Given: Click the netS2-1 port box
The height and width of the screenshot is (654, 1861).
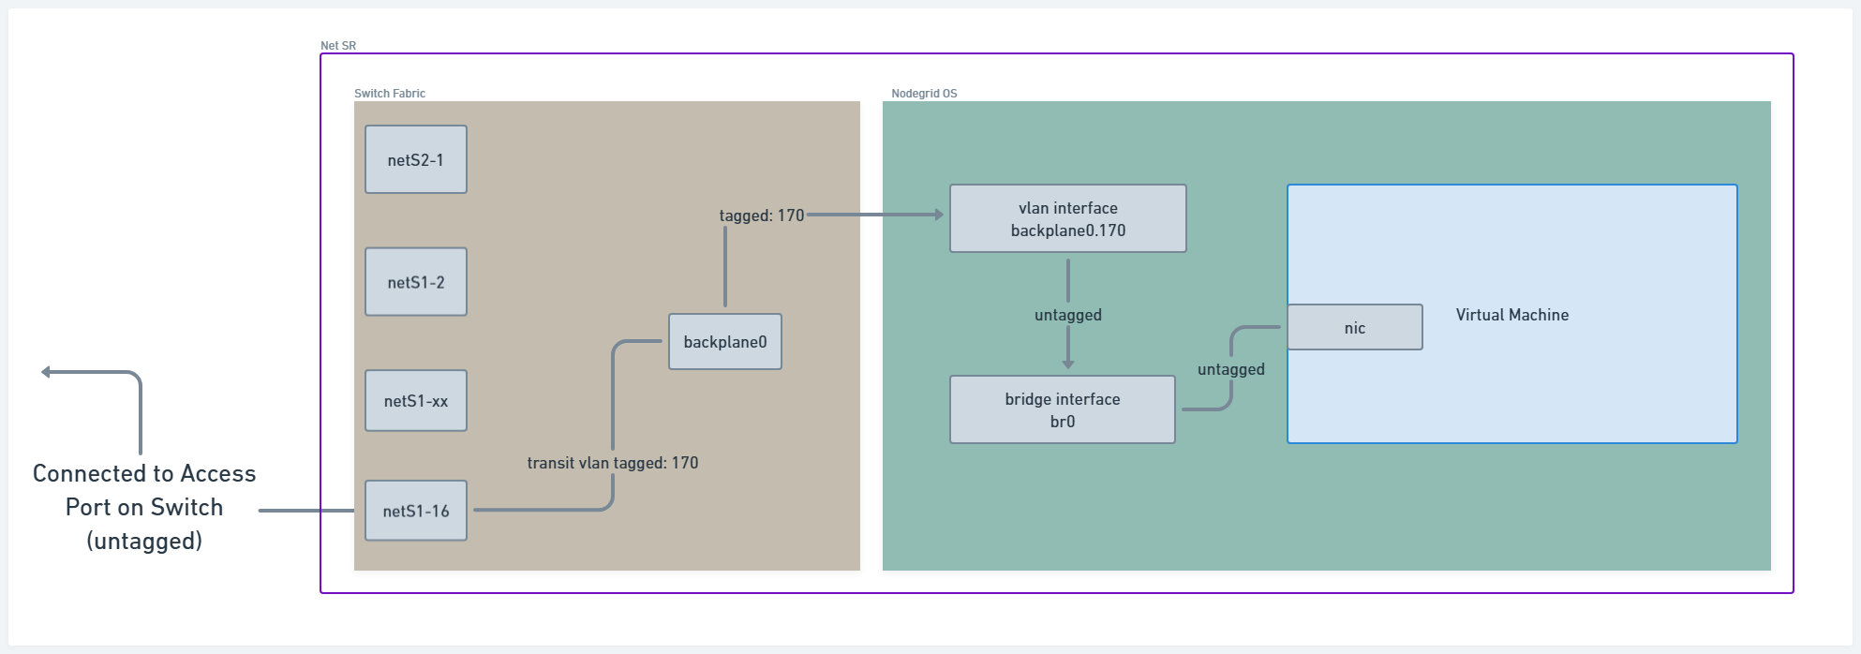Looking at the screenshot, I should (416, 159).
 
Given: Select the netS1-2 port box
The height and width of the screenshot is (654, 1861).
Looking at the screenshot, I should (416, 282).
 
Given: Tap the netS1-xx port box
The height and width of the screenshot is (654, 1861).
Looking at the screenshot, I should (416, 401).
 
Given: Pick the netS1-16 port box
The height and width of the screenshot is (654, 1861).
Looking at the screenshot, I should (416, 511).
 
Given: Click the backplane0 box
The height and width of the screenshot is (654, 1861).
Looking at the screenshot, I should (725, 342).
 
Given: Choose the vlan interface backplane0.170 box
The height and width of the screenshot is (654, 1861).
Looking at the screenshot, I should (1068, 218).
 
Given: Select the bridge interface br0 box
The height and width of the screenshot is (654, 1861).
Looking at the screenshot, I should (1063, 409).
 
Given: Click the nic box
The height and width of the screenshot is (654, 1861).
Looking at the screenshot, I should (1355, 328).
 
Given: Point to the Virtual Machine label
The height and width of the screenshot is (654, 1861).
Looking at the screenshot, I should (1512, 315).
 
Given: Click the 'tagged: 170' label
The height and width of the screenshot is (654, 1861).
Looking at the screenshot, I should (762, 216).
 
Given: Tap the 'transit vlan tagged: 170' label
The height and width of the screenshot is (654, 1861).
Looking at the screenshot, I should (613, 463).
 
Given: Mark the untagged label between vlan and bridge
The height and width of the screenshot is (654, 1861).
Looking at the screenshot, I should (1068, 315).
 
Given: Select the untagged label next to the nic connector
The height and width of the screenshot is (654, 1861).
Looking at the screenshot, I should (1231, 369).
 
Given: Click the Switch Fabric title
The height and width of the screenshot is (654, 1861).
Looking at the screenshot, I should (390, 94).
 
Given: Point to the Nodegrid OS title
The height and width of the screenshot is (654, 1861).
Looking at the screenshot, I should (924, 94).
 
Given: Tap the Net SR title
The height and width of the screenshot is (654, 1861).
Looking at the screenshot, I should (338, 46).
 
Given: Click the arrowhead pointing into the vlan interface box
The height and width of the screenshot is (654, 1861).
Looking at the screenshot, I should (938, 215).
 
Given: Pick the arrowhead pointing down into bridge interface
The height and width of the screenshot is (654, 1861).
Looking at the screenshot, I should (1068, 364).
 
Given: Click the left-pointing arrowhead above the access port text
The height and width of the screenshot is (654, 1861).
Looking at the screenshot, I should (47, 372).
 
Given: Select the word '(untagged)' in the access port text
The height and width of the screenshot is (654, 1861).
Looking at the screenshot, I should (144, 541).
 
